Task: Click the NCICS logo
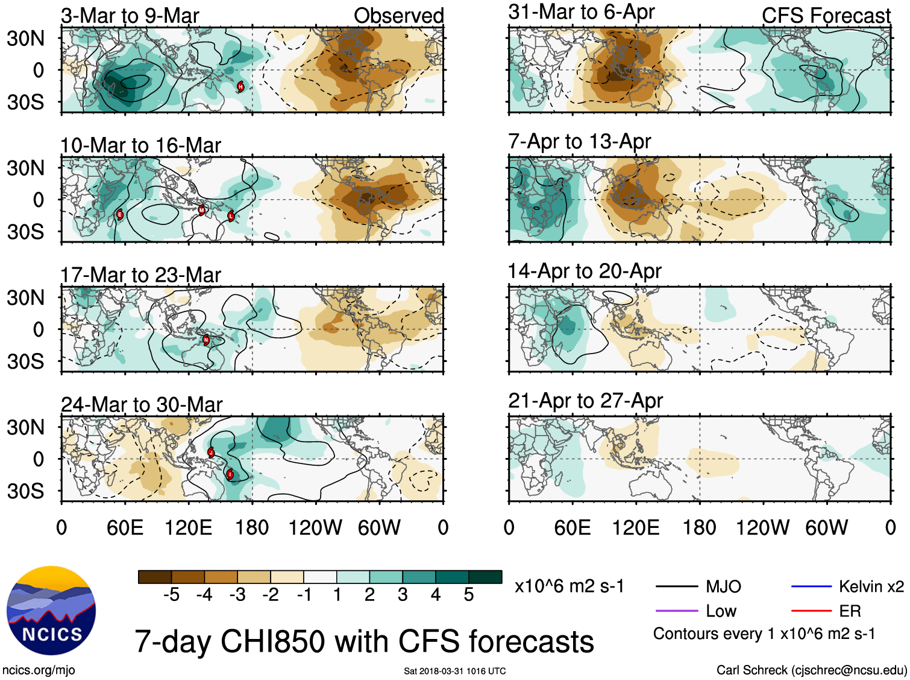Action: click(51, 610)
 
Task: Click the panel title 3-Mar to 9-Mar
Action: click(130, 16)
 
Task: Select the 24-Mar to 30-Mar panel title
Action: click(142, 404)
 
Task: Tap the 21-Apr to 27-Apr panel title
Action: click(585, 401)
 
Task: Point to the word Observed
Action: click(398, 16)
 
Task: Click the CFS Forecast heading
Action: click(826, 16)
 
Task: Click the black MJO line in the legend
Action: click(676, 586)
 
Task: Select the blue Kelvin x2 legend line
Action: click(811, 586)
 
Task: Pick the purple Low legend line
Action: click(676, 611)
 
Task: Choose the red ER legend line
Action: click(811, 611)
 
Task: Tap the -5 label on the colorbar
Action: click(172, 595)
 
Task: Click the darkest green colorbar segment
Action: click(485, 577)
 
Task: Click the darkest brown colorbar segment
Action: click(155, 577)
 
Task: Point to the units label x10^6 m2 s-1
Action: click(569, 586)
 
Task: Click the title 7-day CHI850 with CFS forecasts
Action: click(364, 641)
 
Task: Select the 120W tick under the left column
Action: click(315, 528)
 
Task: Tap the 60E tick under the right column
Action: click(572, 528)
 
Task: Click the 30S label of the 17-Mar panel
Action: click(25, 361)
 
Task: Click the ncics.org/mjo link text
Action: click(39, 670)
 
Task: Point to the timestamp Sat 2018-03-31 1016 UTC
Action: click(454, 671)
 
